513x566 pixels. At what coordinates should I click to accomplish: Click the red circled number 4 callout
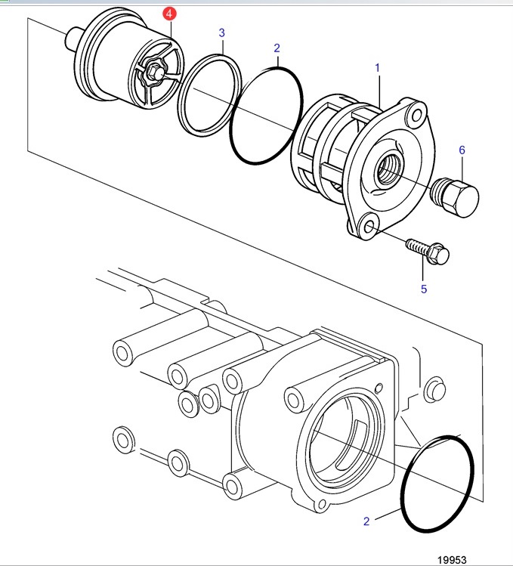coord(169,14)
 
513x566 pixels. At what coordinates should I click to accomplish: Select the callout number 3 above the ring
coord(221,32)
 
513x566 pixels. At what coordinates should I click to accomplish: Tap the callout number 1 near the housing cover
coord(377,67)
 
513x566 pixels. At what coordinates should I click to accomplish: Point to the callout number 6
coord(462,150)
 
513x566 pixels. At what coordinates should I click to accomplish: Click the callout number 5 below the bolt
coord(424,289)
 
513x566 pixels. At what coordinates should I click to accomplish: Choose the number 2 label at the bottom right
coord(366,521)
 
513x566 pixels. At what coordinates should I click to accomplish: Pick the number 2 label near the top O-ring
coord(277,48)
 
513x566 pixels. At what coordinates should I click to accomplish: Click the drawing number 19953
coord(452,559)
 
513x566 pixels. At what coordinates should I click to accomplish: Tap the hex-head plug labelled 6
coord(455,197)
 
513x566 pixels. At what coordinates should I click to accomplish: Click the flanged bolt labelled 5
coord(428,250)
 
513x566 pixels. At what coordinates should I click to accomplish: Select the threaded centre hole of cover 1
coord(388,169)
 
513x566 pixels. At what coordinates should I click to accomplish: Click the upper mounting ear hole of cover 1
coord(416,115)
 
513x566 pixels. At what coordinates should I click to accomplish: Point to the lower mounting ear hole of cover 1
coord(369,227)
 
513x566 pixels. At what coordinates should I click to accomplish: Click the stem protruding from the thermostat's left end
coord(72,39)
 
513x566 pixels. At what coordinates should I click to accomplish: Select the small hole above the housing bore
coord(379,388)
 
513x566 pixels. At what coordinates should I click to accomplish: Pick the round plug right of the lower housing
coord(434,389)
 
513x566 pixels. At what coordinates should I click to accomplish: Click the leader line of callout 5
coord(423,269)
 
